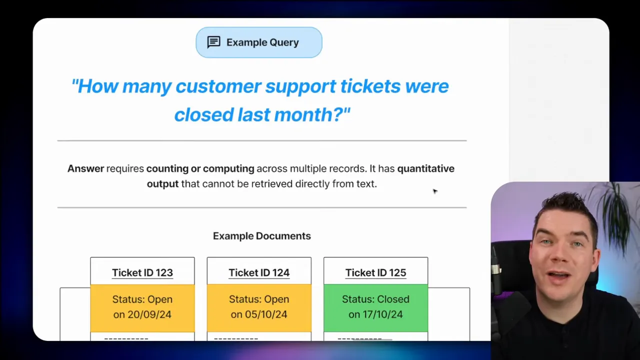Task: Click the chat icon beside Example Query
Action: pyautogui.click(x=213, y=42)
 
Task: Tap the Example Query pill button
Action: pyautogui.click(x=259, y=42)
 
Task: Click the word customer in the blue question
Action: pyautogui.click(x=218, y=86)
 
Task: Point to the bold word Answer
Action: pyautogui.click(x=85, y=168)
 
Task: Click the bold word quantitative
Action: pyautogui.click(x=425, y=168)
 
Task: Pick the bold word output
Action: pyautogui.click(x=162, y=184)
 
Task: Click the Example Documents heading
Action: pyautogui.click(x=261, y=236)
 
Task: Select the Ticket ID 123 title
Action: pyautogui.click(x=142, y=272)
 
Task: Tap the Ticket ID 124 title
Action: pyautogui.click(x=259, y=272)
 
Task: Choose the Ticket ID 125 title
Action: pyautogui.click(x=375, y=272)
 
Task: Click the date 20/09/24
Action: pyautogui.click(x=149, y=314)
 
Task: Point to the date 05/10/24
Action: pyautogui.click(x=265, y=314)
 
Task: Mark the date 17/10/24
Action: pyautogui.click(x=382, y=314)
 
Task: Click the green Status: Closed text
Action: pyautogui.click(x=375, y=299)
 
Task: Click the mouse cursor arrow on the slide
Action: pyautogui.click(x=435, y=191)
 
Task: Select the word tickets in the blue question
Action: pyautogui.click(x=370, y=86)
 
